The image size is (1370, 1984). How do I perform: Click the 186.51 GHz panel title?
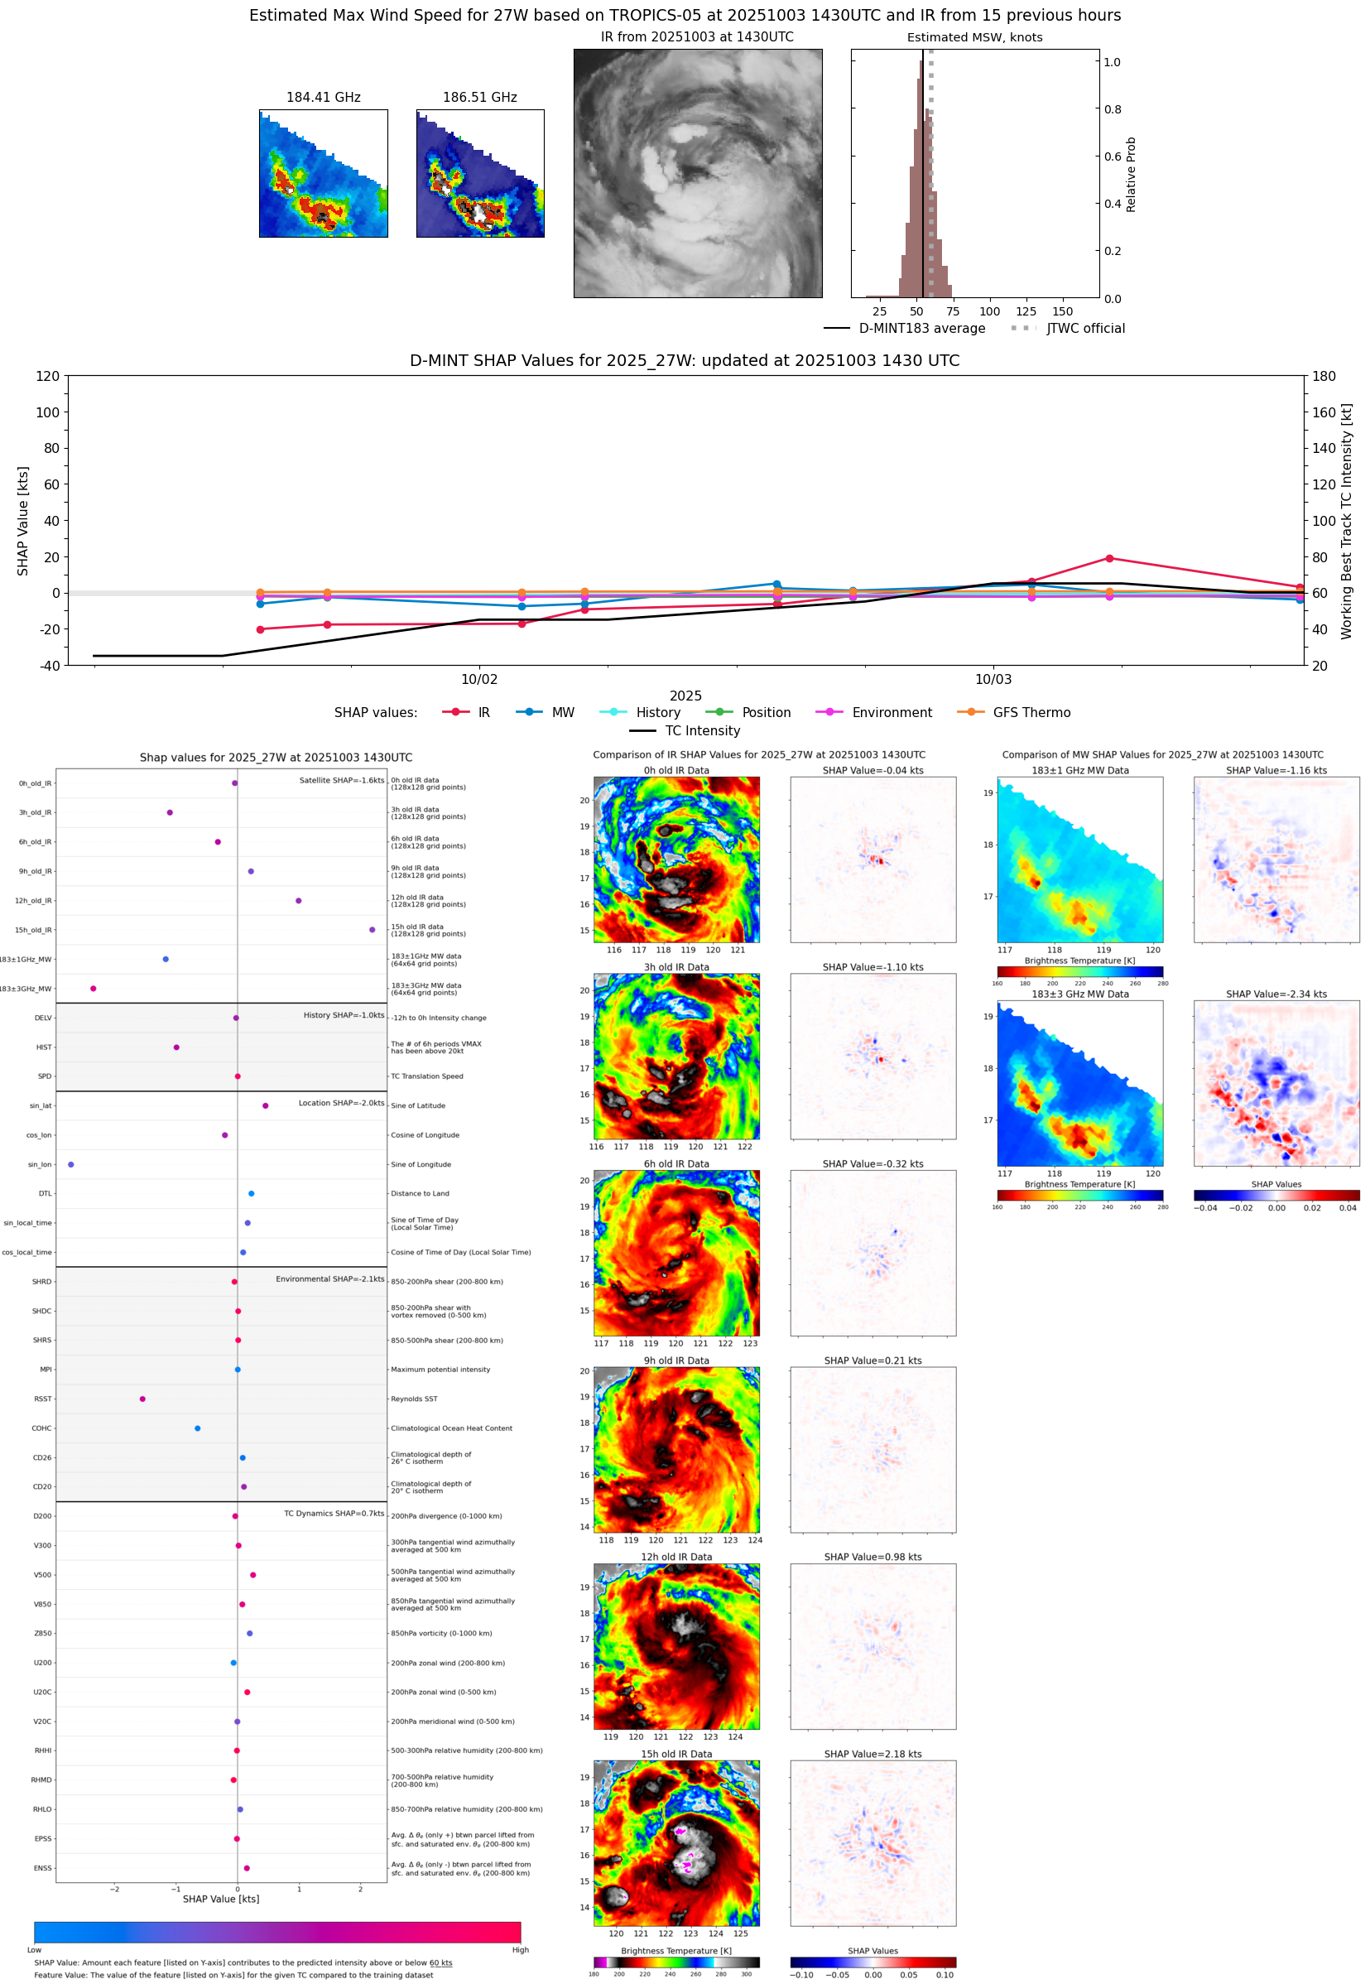coord(479,97)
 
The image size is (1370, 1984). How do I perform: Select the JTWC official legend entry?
coord(1085,328)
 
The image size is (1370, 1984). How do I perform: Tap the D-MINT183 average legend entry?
coord(921,328)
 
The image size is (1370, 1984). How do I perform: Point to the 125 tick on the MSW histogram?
coord(1026,311)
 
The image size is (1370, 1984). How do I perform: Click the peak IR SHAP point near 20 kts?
coord(1110,559)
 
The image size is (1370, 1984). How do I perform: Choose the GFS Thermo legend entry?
coord(1031,713)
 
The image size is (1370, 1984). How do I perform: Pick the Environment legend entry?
coord(891,713)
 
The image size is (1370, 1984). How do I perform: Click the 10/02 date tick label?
coord(479,679)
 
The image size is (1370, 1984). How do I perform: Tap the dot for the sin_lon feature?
coord(71,1165)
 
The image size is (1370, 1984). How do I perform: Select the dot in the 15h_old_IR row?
coord(372,930)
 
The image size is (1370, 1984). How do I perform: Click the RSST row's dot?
coord(142,1399)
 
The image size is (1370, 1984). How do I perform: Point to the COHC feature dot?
coord(198,1428)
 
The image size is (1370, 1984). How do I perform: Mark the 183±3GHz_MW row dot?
coord(94,989)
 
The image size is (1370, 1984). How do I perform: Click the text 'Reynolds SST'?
coord(414,1399)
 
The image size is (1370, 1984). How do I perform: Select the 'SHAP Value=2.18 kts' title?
coord(872,1755)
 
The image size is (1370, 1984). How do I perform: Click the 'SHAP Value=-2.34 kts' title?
coord(1276,994)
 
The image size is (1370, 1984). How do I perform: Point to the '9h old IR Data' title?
coord(676,1360)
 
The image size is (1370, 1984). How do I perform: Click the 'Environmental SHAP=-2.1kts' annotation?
coord(329,1279)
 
